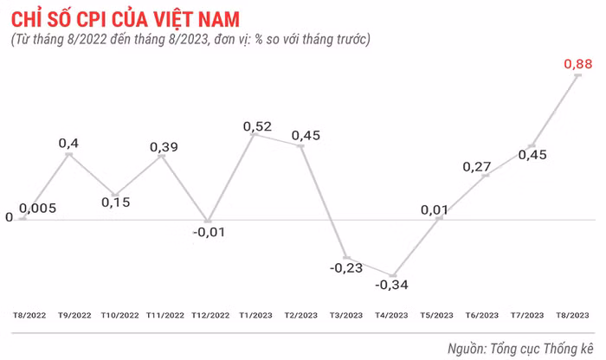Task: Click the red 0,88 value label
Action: coord(577,64)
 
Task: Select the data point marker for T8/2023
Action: coord(577,76)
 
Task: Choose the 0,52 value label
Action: coord(258,127)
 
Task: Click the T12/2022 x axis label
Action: coord(210,315)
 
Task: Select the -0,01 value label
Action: coord(208,232)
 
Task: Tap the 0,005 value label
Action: coord(38,209)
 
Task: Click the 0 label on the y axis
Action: coord(9,218)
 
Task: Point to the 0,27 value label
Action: coord(478,166)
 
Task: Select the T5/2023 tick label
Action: coord(436,315)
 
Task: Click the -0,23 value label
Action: coord(347,268)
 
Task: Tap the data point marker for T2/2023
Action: coord(302,146)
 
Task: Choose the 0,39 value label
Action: coord(164,147)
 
